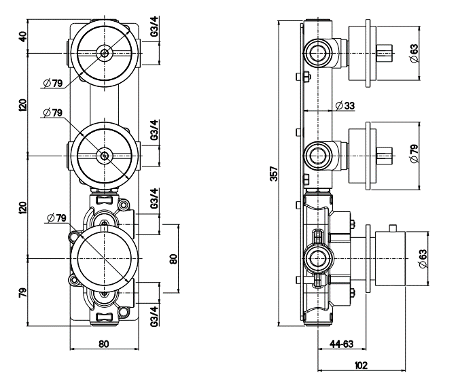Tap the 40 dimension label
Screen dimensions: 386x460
tap(22, 35)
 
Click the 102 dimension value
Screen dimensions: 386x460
tap(361, 365)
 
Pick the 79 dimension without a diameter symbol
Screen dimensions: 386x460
tap(22, 293)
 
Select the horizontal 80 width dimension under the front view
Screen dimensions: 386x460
tap(104, 344)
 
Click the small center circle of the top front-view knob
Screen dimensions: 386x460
tap(104, 52)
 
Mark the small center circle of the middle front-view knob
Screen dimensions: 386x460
tap(104, 156)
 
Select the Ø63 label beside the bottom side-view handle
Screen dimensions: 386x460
tap(422, 258)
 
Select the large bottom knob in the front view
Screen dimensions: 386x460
tap(104, 258)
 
